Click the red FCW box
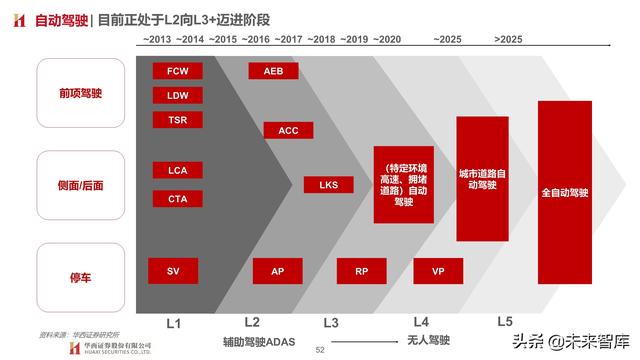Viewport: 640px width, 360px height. pos(178,71)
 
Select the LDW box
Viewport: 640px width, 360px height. pos(178,96)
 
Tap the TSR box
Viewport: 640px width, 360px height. pos(178,120)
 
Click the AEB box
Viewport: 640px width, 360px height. pos(273,71)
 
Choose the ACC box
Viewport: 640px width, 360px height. pos(288,130)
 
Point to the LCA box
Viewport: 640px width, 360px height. pos(178,169)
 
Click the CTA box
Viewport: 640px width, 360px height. pos(178,198)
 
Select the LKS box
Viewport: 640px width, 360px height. pos(329,184)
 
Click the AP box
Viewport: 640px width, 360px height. pos(277,271)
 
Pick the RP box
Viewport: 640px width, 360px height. pos(361,271)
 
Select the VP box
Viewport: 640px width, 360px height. pos(437,271)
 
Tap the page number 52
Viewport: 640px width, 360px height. pos(320,350)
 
